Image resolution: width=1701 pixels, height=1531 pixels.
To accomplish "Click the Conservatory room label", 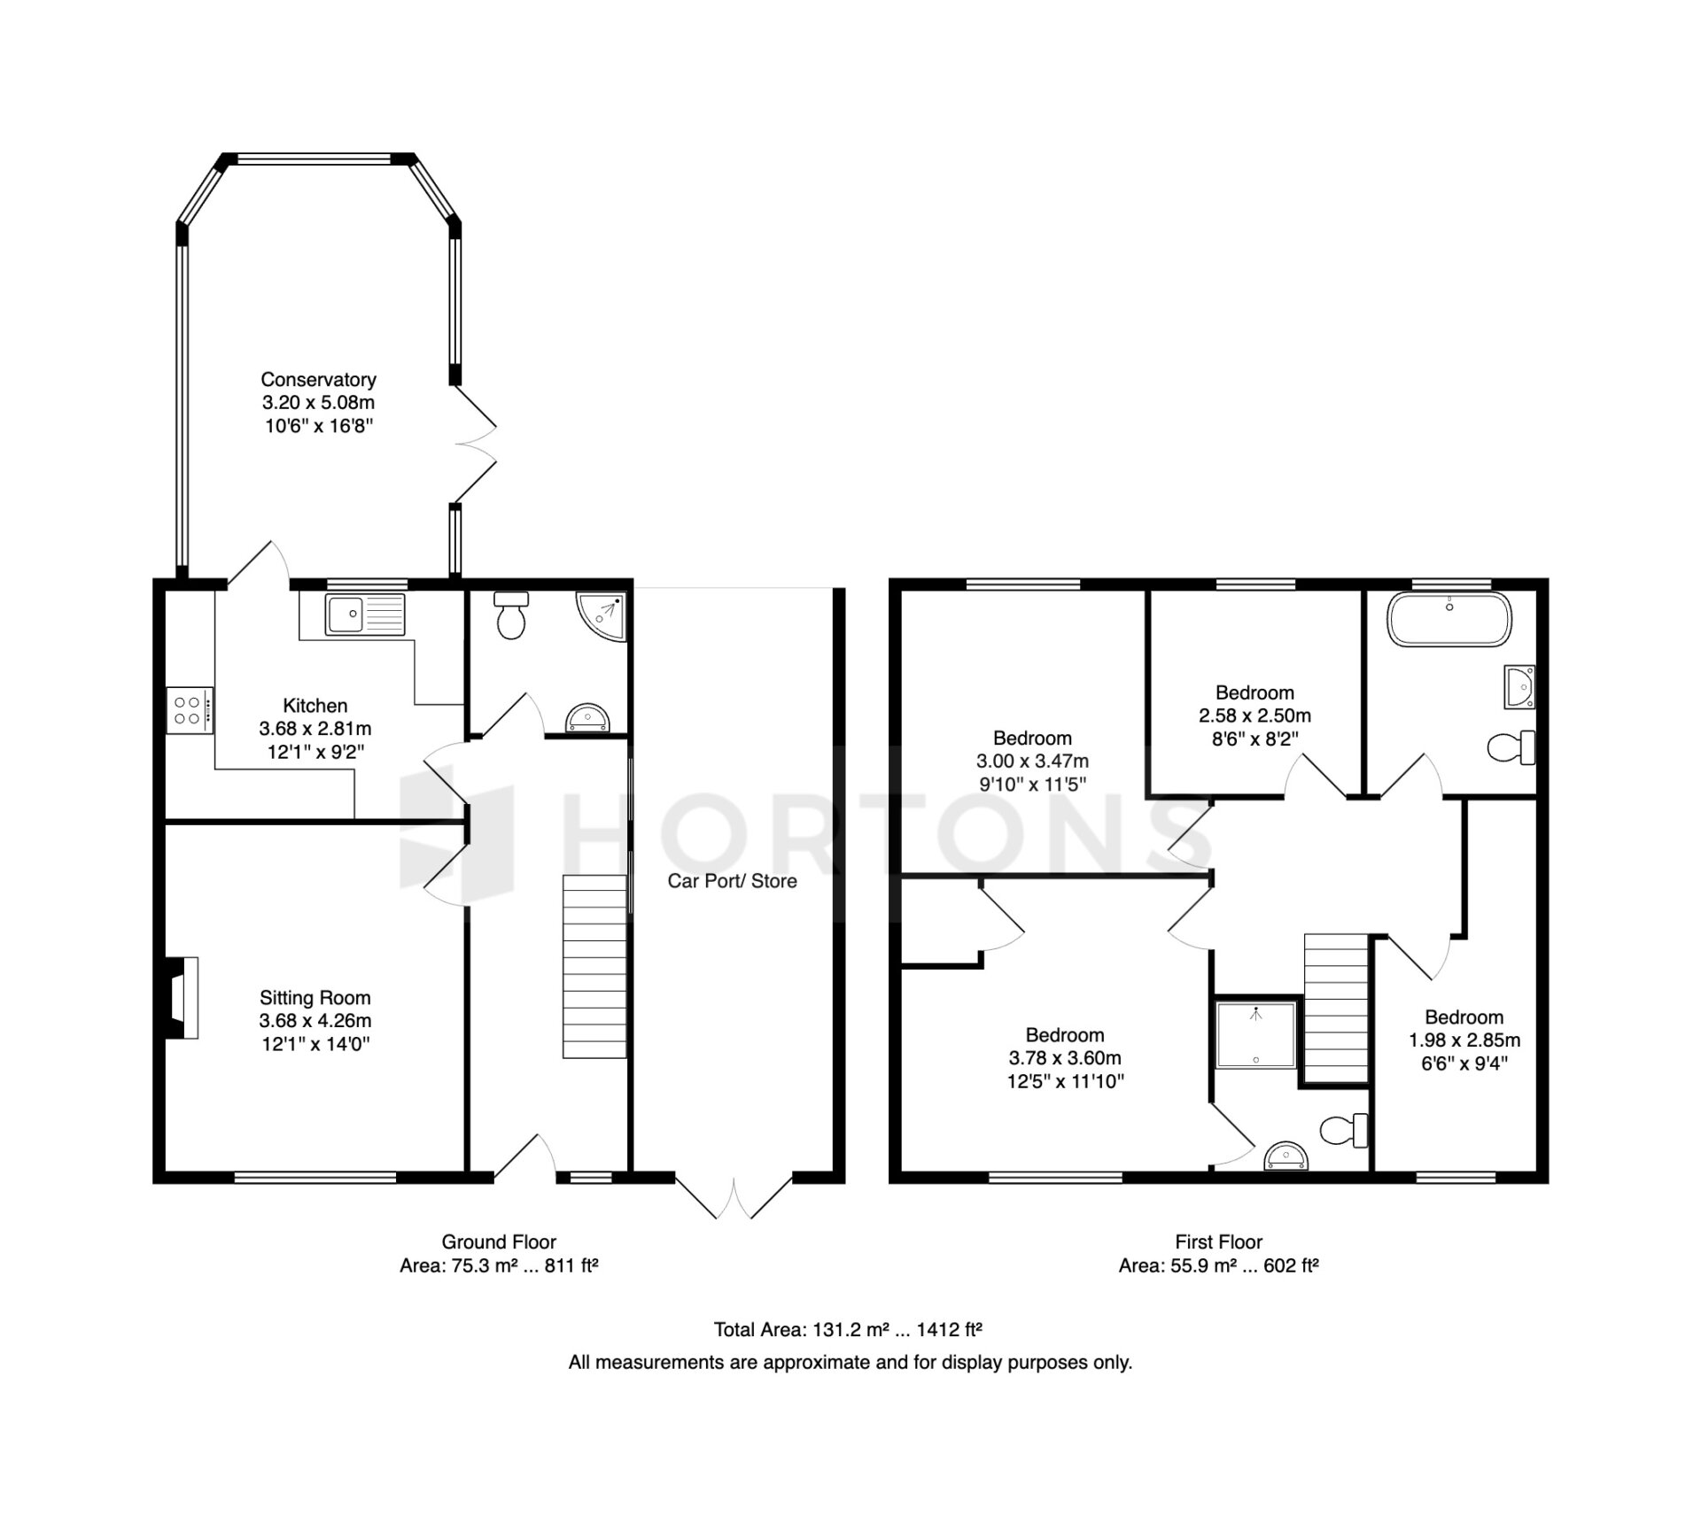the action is [318, 380].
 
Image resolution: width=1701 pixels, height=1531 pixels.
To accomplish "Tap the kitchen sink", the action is [365, 615].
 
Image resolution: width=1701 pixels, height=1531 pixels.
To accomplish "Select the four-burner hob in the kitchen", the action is [190, 710].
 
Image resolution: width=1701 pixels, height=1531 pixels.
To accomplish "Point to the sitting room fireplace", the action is [180, 997].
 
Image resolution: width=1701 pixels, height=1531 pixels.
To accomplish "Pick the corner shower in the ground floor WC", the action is [602, 615].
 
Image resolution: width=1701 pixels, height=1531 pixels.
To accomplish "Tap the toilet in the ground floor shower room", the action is [511, 615].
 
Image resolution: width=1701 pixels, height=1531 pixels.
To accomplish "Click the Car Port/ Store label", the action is [732, 881].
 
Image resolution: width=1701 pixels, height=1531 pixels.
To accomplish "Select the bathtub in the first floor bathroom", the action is [1449, 619].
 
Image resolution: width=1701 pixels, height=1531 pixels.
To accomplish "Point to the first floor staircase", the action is [1336, 1009].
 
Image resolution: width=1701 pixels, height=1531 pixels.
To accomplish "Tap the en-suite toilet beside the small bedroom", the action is [1344, 1129].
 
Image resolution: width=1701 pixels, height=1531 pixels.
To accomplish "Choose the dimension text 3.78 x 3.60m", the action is [1065, 1058].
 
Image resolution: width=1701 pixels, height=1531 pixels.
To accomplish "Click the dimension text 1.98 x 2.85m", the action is [1464, 1040].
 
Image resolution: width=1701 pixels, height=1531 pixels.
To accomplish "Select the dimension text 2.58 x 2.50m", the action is [1254, 715].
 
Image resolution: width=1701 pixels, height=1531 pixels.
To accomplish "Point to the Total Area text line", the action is [849, 1329].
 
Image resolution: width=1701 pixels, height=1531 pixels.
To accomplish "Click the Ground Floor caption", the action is [499, 1241].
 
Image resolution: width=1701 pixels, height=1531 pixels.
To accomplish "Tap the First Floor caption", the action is [1219, 1241].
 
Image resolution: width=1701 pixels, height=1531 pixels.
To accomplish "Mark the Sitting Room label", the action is [315, 998].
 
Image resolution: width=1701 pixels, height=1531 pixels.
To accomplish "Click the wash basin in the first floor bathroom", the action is [1520, 687].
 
